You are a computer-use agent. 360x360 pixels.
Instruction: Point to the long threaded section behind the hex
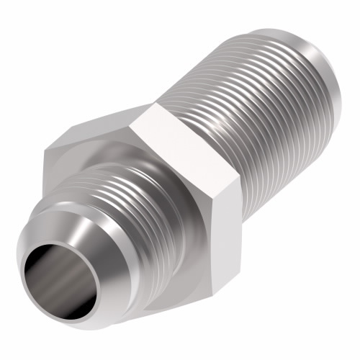[245, 108]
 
